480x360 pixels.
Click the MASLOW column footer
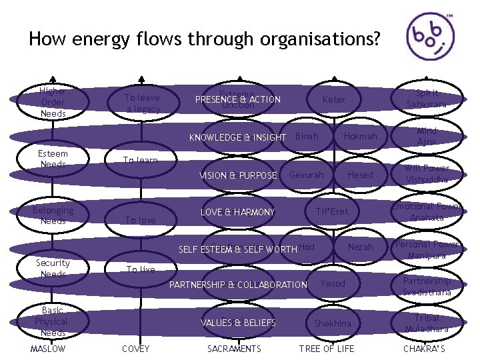click(49, 349)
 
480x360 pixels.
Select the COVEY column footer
click(136, 349)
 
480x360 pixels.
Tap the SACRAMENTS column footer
click(234, 349)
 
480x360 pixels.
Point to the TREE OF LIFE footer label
click(327, 349)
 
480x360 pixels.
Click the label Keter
click(334, 99)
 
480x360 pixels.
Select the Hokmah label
click(360, 137)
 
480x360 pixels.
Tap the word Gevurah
click(307, 175)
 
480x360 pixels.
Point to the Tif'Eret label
click(332, 212)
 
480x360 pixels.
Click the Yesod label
click(333, 283)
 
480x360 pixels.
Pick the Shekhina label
click(333, 323)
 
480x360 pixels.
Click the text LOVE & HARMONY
click(238, 213)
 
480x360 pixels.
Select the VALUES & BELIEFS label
click(238, 323)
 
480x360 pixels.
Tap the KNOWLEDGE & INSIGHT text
click(237, 138)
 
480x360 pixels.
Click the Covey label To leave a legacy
click(143, 103)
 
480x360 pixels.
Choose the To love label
click(141, 220)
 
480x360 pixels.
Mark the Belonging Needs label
click(53, 215)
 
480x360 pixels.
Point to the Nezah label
click(361, 247)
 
